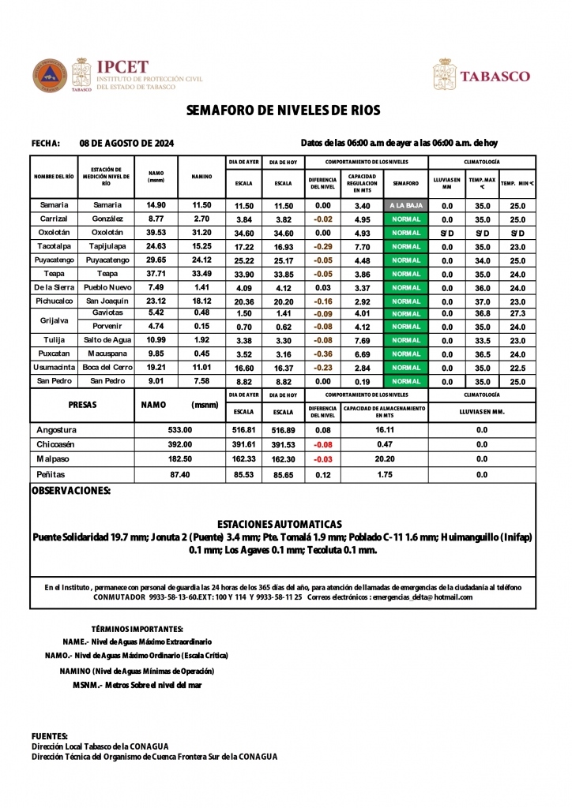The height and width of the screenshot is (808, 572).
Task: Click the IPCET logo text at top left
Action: coord(121,67)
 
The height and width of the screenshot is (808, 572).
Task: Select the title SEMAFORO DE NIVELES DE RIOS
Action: coord(284,110)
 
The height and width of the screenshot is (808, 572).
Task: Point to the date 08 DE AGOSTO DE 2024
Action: coord(127,144)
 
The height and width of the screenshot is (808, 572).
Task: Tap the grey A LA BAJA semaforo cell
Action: coord(405,205)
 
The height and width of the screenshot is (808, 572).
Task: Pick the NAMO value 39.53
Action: coord(156,233)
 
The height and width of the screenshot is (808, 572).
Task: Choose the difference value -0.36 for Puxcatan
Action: coord(322,354)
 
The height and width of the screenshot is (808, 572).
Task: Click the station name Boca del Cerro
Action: coord(107,368)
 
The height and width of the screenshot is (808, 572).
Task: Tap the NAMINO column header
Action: coord(201,177)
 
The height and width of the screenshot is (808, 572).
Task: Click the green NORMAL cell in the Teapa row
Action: coord(405,274)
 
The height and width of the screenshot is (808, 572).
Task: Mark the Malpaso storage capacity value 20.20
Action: coord(385,458)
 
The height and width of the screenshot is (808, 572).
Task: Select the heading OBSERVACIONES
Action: coord(70,491)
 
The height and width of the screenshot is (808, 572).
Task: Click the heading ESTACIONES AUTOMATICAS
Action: coord(279,524)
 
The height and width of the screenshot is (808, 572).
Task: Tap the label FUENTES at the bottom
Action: coord(49,735)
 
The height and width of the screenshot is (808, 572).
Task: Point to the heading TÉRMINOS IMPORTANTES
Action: coord(137,629)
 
